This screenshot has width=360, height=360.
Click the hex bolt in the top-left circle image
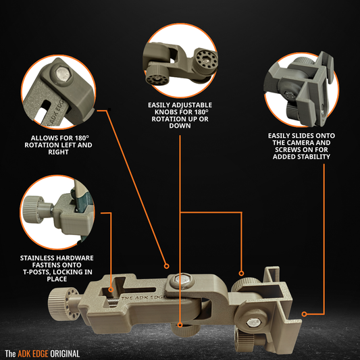tap(61, 75)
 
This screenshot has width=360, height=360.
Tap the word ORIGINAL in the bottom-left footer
tap(65, 353)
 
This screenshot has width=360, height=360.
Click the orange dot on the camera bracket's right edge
tap(305, 313)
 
